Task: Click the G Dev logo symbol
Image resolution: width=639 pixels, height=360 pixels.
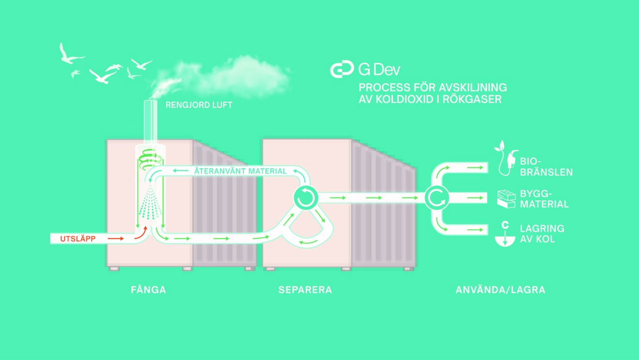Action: point(342,70)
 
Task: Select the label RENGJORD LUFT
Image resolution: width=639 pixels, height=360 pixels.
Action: point(199,105)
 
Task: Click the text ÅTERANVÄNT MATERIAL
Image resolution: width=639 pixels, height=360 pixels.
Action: point(241,171)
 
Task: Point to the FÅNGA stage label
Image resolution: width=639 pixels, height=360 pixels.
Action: point(149,290)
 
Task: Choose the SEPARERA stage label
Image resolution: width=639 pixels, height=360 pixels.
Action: point(305,290)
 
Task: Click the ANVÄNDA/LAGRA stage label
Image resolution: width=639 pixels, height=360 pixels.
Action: point(501,290)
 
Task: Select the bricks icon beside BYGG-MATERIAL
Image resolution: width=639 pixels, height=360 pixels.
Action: point(506,199)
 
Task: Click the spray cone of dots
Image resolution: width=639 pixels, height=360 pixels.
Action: point(151,206)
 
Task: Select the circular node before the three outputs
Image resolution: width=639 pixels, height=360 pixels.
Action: point(437,197)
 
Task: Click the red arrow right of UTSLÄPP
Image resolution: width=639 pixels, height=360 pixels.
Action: point(115,239)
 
